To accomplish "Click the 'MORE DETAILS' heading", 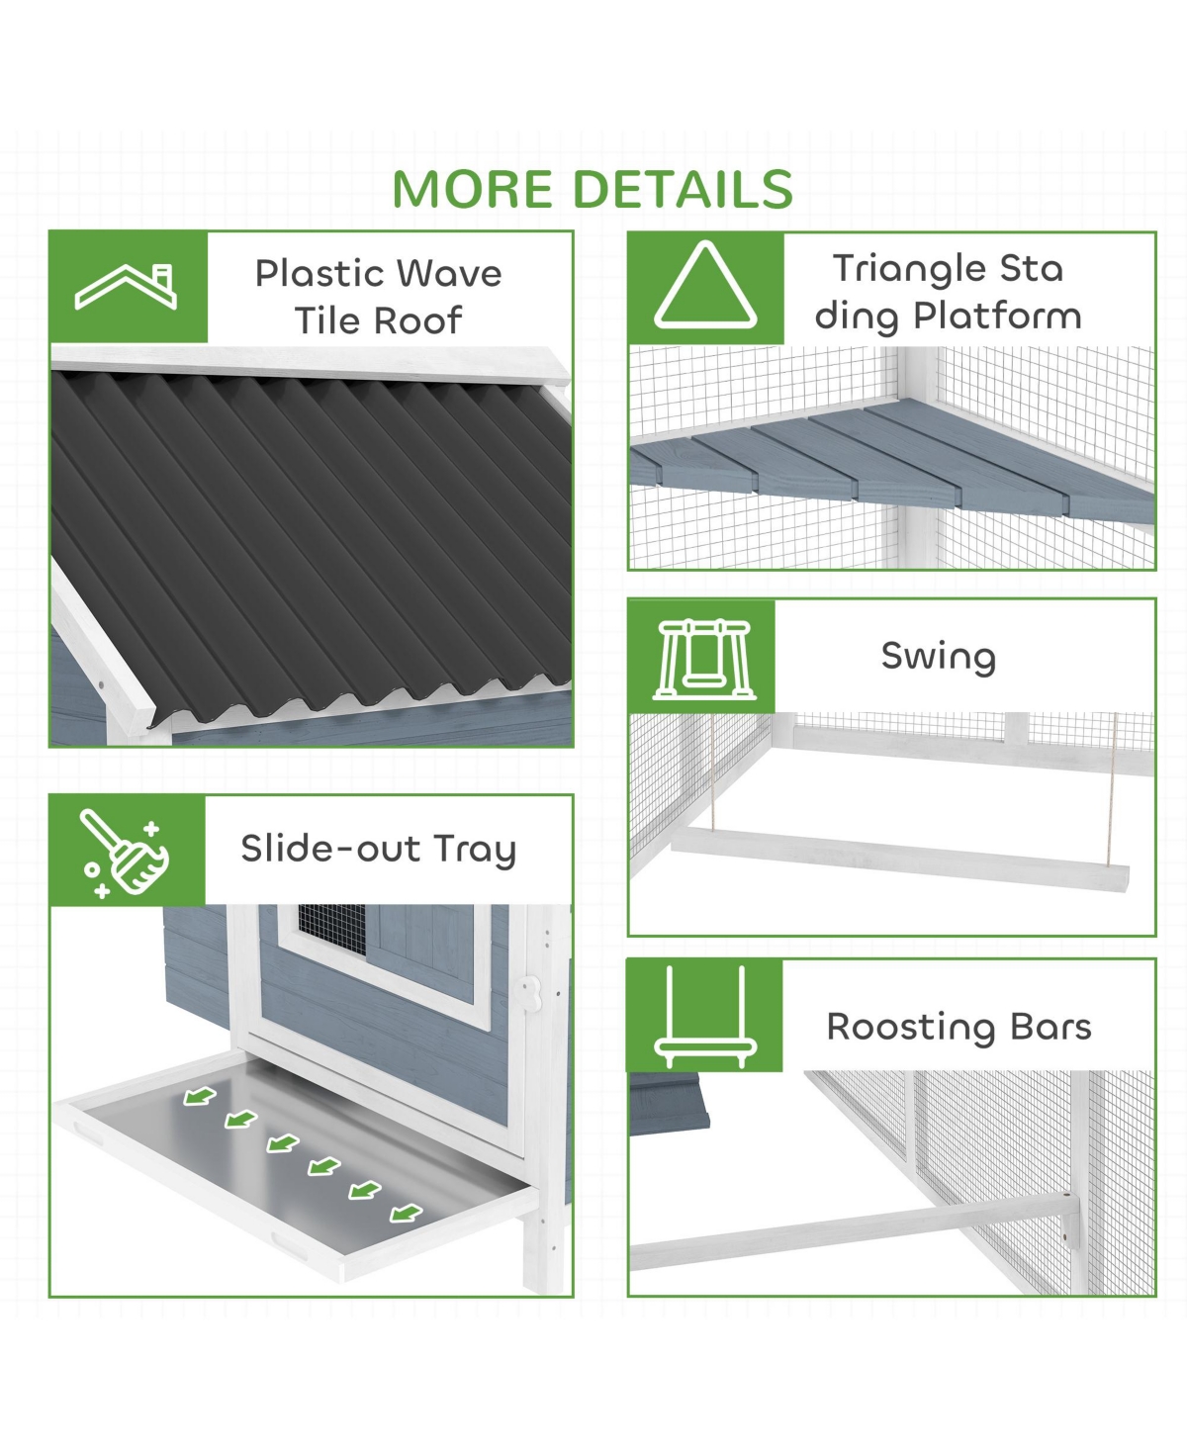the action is tap(593, 188).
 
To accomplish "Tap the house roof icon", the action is tap(126, 286).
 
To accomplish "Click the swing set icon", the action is tap(704, 660).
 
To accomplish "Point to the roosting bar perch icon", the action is tap(705, 1017).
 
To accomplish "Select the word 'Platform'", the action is tap(997, 317).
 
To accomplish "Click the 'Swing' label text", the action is tap(939, 657).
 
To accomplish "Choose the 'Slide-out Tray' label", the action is tap(378, 849).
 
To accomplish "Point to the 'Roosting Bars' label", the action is tap(959, 1028).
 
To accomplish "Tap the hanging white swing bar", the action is tap(899, 859).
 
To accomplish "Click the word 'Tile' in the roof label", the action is tap(327, 320).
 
